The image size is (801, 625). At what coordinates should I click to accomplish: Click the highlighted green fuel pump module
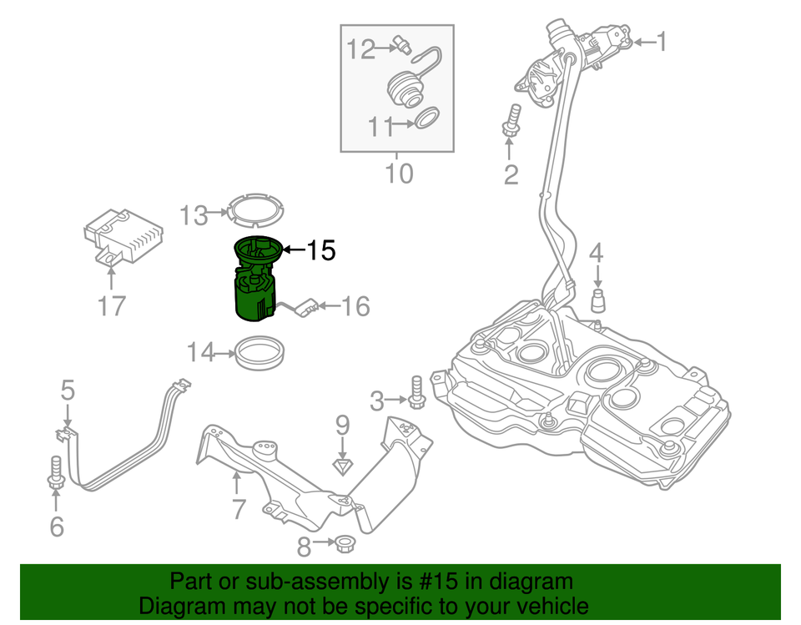[255, 288]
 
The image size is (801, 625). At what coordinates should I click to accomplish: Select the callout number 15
[320, 250]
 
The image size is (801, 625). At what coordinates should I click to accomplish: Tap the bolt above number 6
[57, 471]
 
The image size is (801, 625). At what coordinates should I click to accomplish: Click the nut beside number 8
[342, 546]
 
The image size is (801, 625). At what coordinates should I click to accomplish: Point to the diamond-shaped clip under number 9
[341, 464]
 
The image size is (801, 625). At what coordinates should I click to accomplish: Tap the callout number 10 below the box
[399, 174]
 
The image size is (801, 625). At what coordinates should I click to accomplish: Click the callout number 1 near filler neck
[661, 41]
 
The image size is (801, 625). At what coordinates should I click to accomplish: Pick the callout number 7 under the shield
[239, 507]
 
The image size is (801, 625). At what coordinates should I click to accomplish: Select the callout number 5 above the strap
[68, 390]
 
